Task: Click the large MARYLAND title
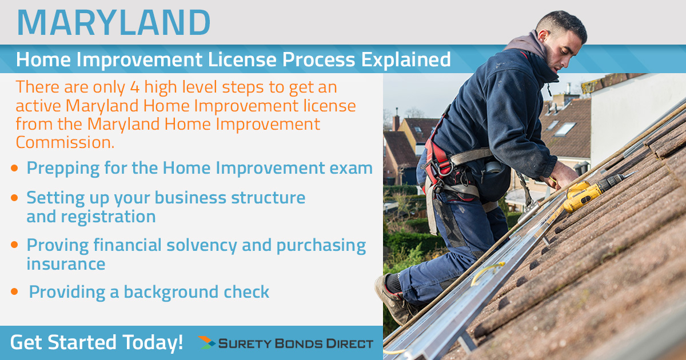coord(114,23)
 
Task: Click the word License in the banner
coord(242,59)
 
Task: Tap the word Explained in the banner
coord(406,59)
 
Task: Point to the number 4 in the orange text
coord(135,87)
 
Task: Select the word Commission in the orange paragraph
coord(65,142)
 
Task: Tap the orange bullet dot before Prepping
coord(14,168)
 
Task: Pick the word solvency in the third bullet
coord(201,246)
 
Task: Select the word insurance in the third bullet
coord(66,264)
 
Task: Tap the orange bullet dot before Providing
coord(14,291)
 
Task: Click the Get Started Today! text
coord(97,342)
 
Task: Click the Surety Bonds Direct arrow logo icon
coord(206,342)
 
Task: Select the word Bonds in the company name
coord(298,343)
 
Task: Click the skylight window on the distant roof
coord(565,129)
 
